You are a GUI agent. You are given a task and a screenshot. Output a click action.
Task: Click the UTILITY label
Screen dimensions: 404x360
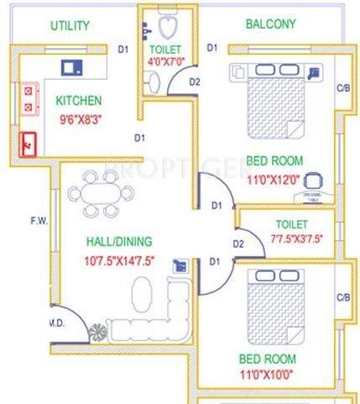pos(69,25)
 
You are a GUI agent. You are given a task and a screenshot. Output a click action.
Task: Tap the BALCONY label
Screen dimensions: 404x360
pos(269,24)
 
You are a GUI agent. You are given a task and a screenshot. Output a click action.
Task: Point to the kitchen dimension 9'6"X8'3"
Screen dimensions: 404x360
pos(79,119)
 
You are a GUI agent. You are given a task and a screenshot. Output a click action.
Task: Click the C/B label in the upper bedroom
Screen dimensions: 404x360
pos(342,87)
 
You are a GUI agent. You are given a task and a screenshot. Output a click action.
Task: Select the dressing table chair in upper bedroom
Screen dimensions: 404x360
pos(314,179)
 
